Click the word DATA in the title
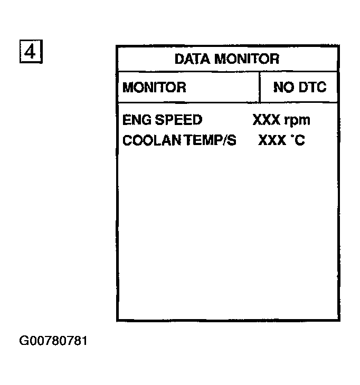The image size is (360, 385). [x=193, y=59]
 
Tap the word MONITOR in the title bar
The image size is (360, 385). [x=247, y=59]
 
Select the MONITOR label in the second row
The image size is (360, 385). [x=154, y=87]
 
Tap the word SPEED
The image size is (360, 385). [x=177, y=120]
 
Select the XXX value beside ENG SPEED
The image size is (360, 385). [x=266, y=120]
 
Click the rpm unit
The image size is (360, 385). [x=297, y=121]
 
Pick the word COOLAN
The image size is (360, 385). [x=145, y=141]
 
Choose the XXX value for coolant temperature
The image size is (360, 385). [x=271, y=141]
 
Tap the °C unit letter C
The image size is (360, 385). [x=300, y=141]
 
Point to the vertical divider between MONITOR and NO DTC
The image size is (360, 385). [x=260, y=87]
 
